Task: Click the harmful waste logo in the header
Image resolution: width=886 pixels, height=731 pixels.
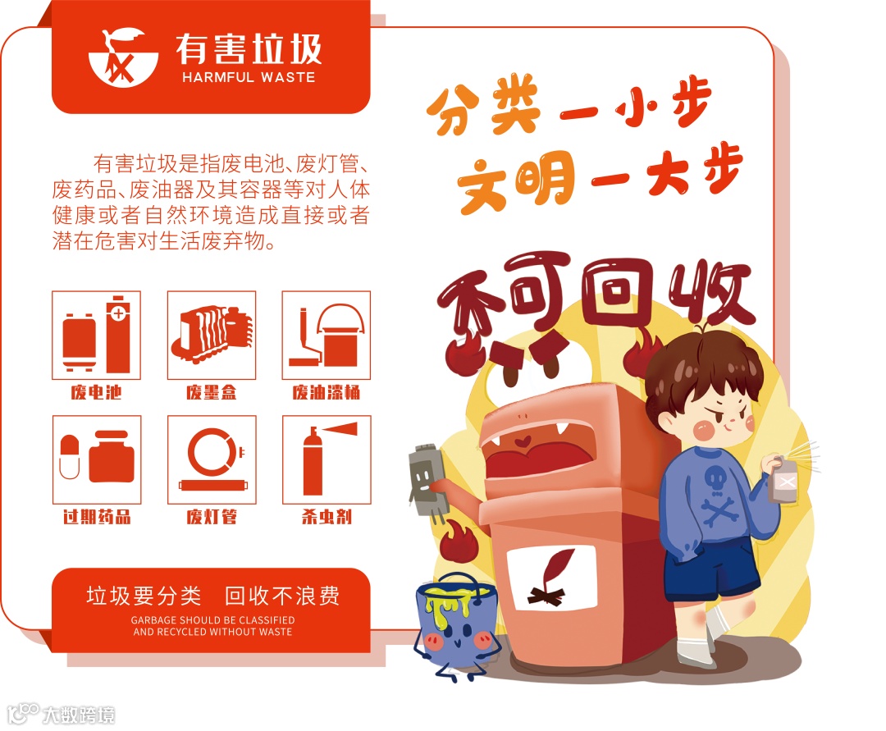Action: coord(123,57)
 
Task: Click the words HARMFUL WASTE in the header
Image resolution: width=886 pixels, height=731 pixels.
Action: coord(249,77)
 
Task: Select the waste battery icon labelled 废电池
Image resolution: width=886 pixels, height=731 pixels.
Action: coord(96,335)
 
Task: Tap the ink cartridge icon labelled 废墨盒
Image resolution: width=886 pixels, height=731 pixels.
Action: coord(212,335)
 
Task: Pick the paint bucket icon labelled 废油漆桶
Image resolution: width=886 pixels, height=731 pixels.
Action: coord(326,335)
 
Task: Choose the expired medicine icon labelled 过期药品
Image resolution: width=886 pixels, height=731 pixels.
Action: coord(97,459)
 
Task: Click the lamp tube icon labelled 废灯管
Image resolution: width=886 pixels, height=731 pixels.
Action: coord(212,459)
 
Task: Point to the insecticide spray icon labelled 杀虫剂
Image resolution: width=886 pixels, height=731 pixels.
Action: coord(327,459)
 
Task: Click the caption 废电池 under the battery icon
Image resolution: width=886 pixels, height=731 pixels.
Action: coord(96,392)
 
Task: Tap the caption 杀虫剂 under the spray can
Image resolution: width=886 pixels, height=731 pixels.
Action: coord(327,516)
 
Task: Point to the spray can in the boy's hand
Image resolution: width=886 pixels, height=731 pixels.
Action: coord(783,479)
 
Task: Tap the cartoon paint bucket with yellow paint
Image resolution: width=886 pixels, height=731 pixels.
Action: coord(457,624)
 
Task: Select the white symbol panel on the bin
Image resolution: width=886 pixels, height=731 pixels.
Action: coord(552,578)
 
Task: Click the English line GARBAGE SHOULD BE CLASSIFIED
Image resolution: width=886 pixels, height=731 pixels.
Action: coord(212,619)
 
